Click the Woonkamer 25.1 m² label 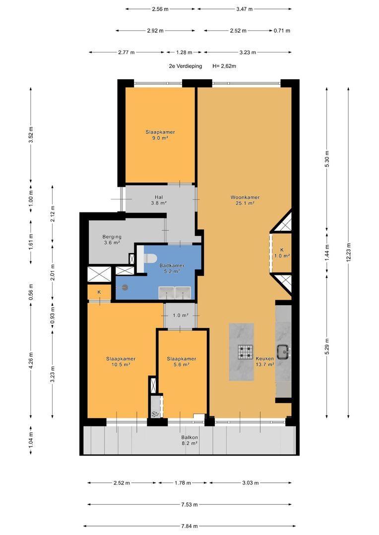click(245, 200)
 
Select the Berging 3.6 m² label click(112, 240)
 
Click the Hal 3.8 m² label click(159, 200)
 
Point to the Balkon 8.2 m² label click(189, 440)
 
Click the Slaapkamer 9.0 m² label click(160, 135)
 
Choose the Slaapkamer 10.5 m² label click(121, 362)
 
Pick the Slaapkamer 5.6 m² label click(182, 362)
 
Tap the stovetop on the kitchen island click(246, 352)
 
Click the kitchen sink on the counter click(283, 352)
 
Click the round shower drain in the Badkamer click(125, 287)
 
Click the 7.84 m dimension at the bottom click(189, 526)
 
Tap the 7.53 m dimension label click(189, 504)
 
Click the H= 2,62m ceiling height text click(224, 66)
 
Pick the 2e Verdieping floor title click(185, 66)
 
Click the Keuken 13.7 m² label click(265, 362)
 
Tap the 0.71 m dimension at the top click(282, 31)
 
